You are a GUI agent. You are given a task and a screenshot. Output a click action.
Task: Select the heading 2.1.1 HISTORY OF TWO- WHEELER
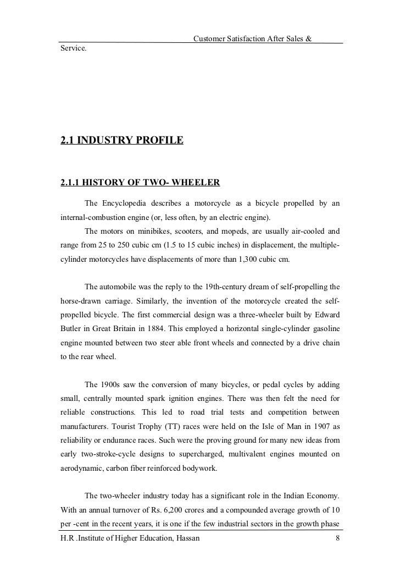(x=140, y=183)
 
